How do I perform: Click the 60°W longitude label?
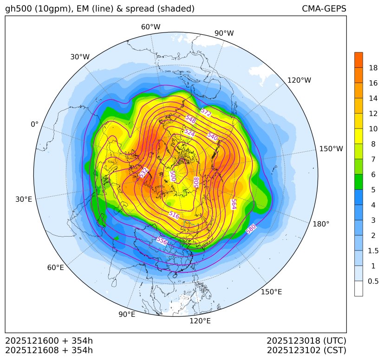[x=150, y=27]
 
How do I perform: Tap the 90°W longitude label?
[x=224, y=33]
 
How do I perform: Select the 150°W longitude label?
[x=331, y=149]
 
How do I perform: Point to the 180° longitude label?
[x=321, y=224]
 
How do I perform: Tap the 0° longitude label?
[x=34, y=124]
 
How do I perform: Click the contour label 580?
[x=251, y=229]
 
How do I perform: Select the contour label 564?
[x=234, y=204]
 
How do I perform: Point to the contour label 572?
[x=206, y=113]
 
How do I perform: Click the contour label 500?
[x=172, y=176]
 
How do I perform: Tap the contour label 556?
[x=162, y=240]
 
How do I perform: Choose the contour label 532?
[x=144, y=173]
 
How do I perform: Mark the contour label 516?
[x=174, y=215]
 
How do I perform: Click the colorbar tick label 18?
[x=373, y=68]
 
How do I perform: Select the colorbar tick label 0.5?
[x=373, y=281]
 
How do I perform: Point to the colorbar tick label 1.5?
[x=373, y=251]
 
